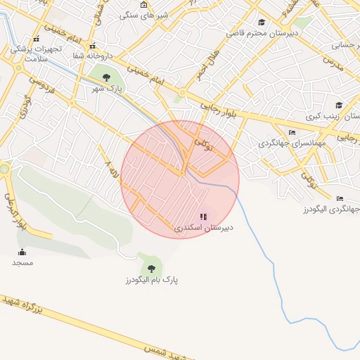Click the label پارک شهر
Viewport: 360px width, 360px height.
(x=107, y=89)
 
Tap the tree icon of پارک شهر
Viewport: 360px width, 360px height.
(x=106, y=77)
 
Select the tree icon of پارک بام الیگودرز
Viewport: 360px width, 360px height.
(x=151, y=268)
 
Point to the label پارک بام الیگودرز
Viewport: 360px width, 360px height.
(x=151, y=280)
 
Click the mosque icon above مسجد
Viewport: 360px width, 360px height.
(x=22, y=252)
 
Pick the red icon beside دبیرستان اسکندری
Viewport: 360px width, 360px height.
(x=203, y=217)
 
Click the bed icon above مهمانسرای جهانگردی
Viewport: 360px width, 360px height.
(x=292, y=132)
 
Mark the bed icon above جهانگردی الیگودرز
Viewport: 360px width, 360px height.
(x=340, y=198)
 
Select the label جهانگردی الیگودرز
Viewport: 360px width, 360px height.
(x=331, y=210)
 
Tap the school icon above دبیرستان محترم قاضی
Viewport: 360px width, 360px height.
(x=262, y=22)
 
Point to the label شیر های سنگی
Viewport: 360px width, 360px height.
(x=139, y=15)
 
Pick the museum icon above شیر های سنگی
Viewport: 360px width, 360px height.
(x=143, y=4)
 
